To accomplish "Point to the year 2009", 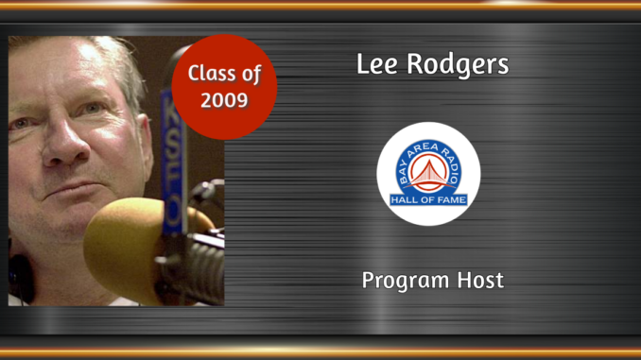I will (224, 98).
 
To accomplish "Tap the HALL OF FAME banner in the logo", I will (428, 199).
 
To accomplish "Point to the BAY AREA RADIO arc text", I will (428, 150).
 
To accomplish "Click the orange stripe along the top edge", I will (320, 6).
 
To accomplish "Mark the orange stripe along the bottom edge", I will (320, 353).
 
